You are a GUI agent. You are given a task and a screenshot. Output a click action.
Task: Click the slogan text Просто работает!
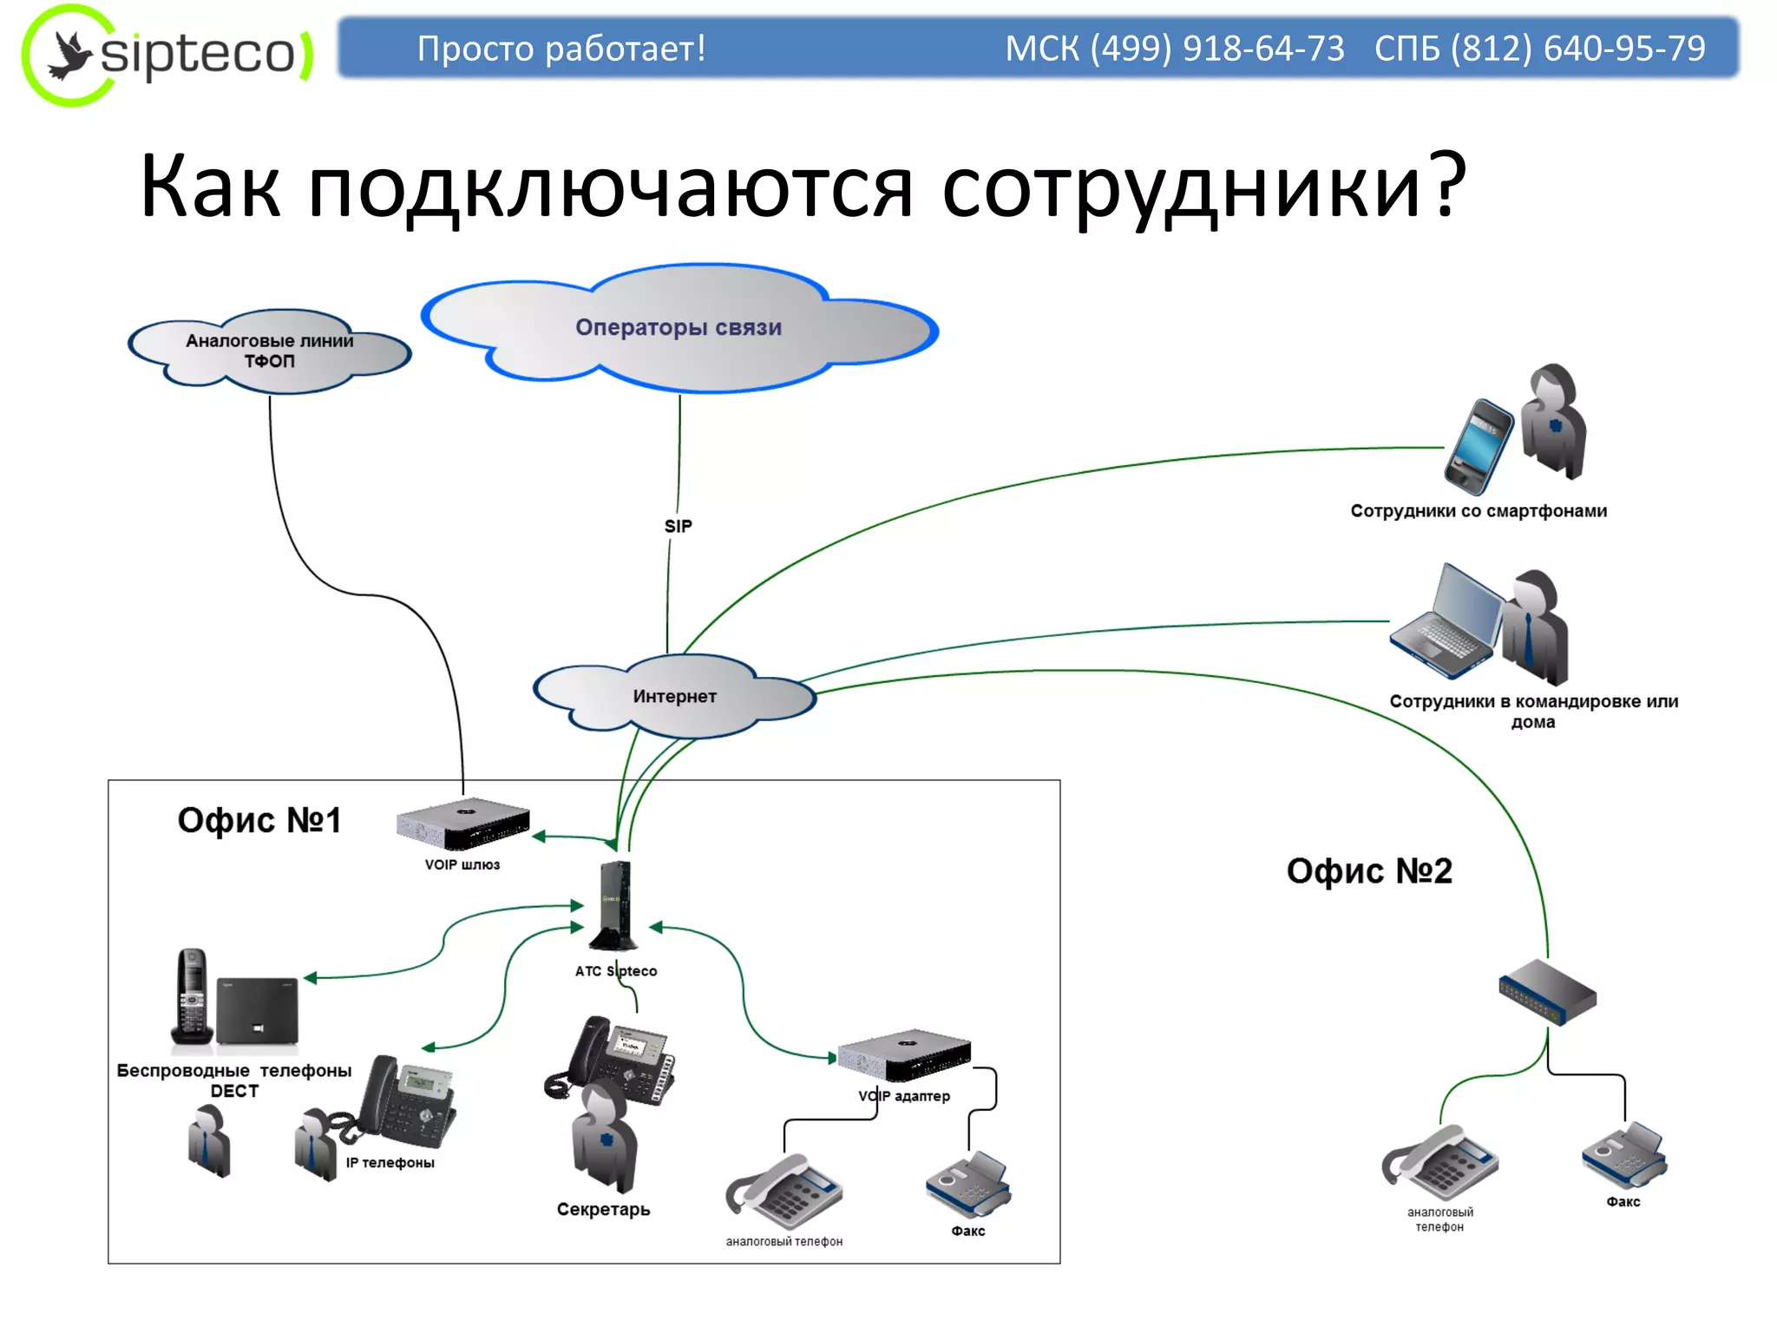pos(561,49)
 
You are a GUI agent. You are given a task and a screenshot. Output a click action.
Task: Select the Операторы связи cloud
pos(679,328)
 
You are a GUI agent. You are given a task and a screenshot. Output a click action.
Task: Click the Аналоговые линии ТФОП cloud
pos(269,351)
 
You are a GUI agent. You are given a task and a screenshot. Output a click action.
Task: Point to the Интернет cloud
pos(674,696)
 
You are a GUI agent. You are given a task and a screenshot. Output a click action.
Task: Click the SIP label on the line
pos(679,526)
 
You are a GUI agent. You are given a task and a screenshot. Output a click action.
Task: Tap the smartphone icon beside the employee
pos(1479,446)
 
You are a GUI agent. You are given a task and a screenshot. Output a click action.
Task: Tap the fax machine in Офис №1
pos(968,1185)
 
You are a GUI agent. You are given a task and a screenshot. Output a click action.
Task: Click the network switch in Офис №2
pos(1548,991)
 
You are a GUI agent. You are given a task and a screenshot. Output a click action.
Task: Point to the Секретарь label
pos(603,1209)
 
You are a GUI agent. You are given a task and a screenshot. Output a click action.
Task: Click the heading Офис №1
pos(259,820)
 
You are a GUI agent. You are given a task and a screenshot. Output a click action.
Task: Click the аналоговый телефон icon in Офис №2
pos(1440,1163)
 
